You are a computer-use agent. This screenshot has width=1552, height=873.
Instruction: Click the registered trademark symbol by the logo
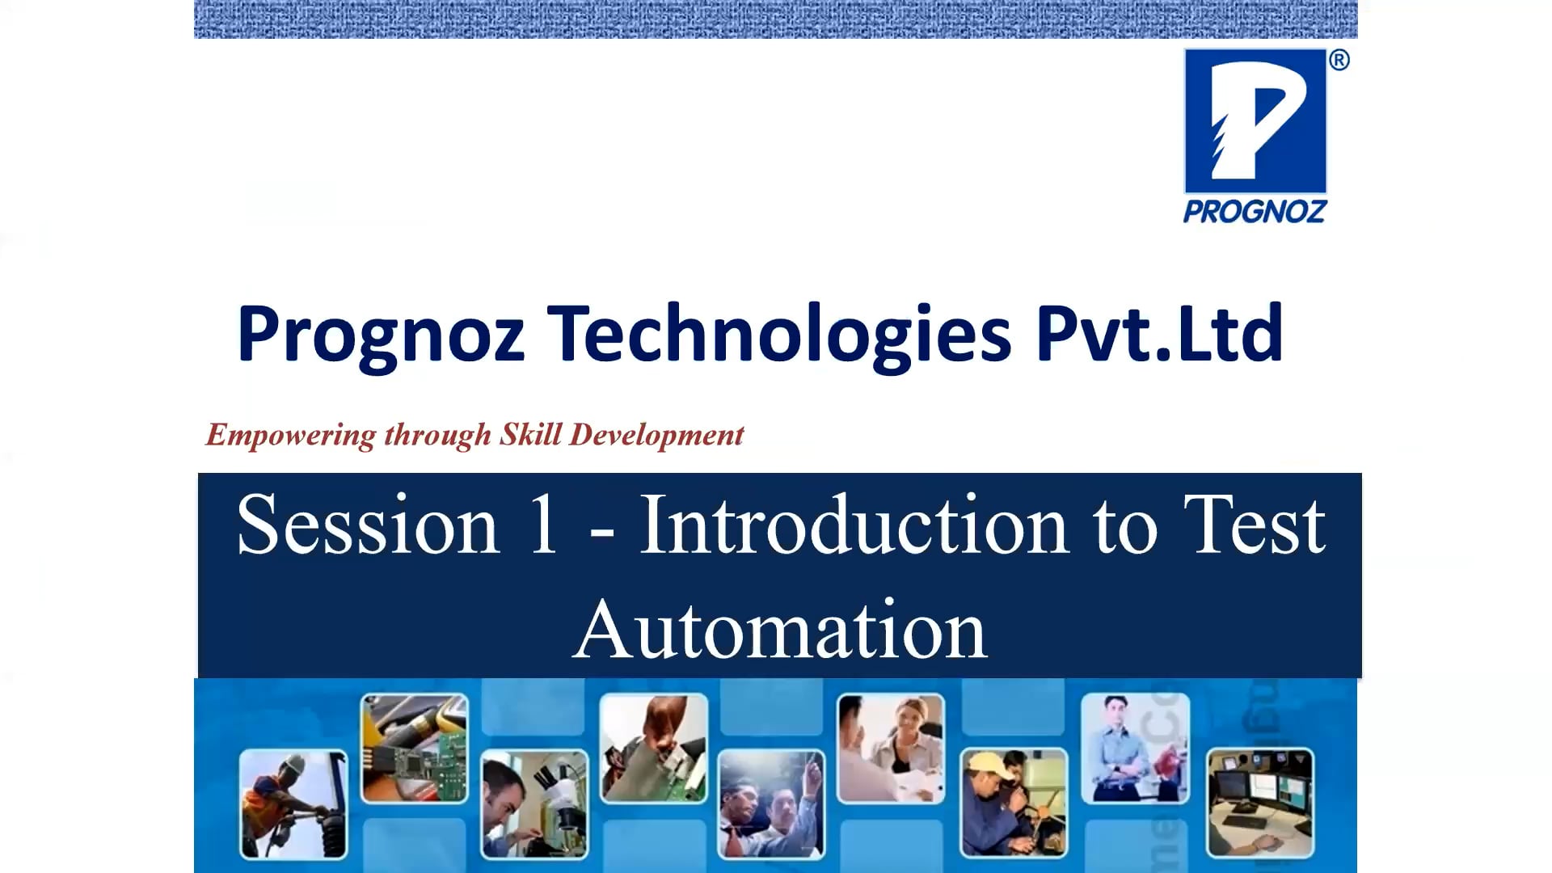[x=1339, y=61]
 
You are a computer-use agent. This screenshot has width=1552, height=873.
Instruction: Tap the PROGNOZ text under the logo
[x=1255, y=212]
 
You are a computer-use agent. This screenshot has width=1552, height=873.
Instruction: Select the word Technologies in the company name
[x=779, y=334]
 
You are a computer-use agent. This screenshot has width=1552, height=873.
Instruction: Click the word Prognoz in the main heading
[x=380, y=334]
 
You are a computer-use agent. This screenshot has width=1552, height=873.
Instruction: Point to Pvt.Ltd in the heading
[x=1159, y=332]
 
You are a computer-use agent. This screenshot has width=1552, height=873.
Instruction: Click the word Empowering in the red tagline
[x=291, y=435]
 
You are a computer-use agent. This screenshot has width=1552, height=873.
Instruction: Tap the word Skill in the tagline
[x=530, y=434]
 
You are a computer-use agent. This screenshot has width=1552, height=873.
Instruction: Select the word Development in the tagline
[x=656, y=435]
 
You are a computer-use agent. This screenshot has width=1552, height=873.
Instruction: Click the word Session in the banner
[x=369, y=525]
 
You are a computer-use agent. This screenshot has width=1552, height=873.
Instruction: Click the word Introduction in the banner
[x=854, y=525]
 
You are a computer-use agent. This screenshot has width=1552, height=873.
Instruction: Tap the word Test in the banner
[x=1254, y=525]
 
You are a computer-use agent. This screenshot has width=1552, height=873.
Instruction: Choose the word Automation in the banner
[x=780, y=630]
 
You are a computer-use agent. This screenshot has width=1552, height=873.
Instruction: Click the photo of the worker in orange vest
[x=293, y=803]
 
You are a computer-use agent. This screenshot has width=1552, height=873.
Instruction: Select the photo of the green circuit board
[x=414, y=748]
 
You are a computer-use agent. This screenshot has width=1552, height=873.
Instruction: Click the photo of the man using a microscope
[x=534, y=803]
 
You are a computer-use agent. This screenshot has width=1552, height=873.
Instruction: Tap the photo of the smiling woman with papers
[x=891, y=748]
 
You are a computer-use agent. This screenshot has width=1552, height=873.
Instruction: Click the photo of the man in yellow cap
[x=1014, y=803]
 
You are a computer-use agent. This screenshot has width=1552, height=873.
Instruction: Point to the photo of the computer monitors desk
[x=1259, y=803]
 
